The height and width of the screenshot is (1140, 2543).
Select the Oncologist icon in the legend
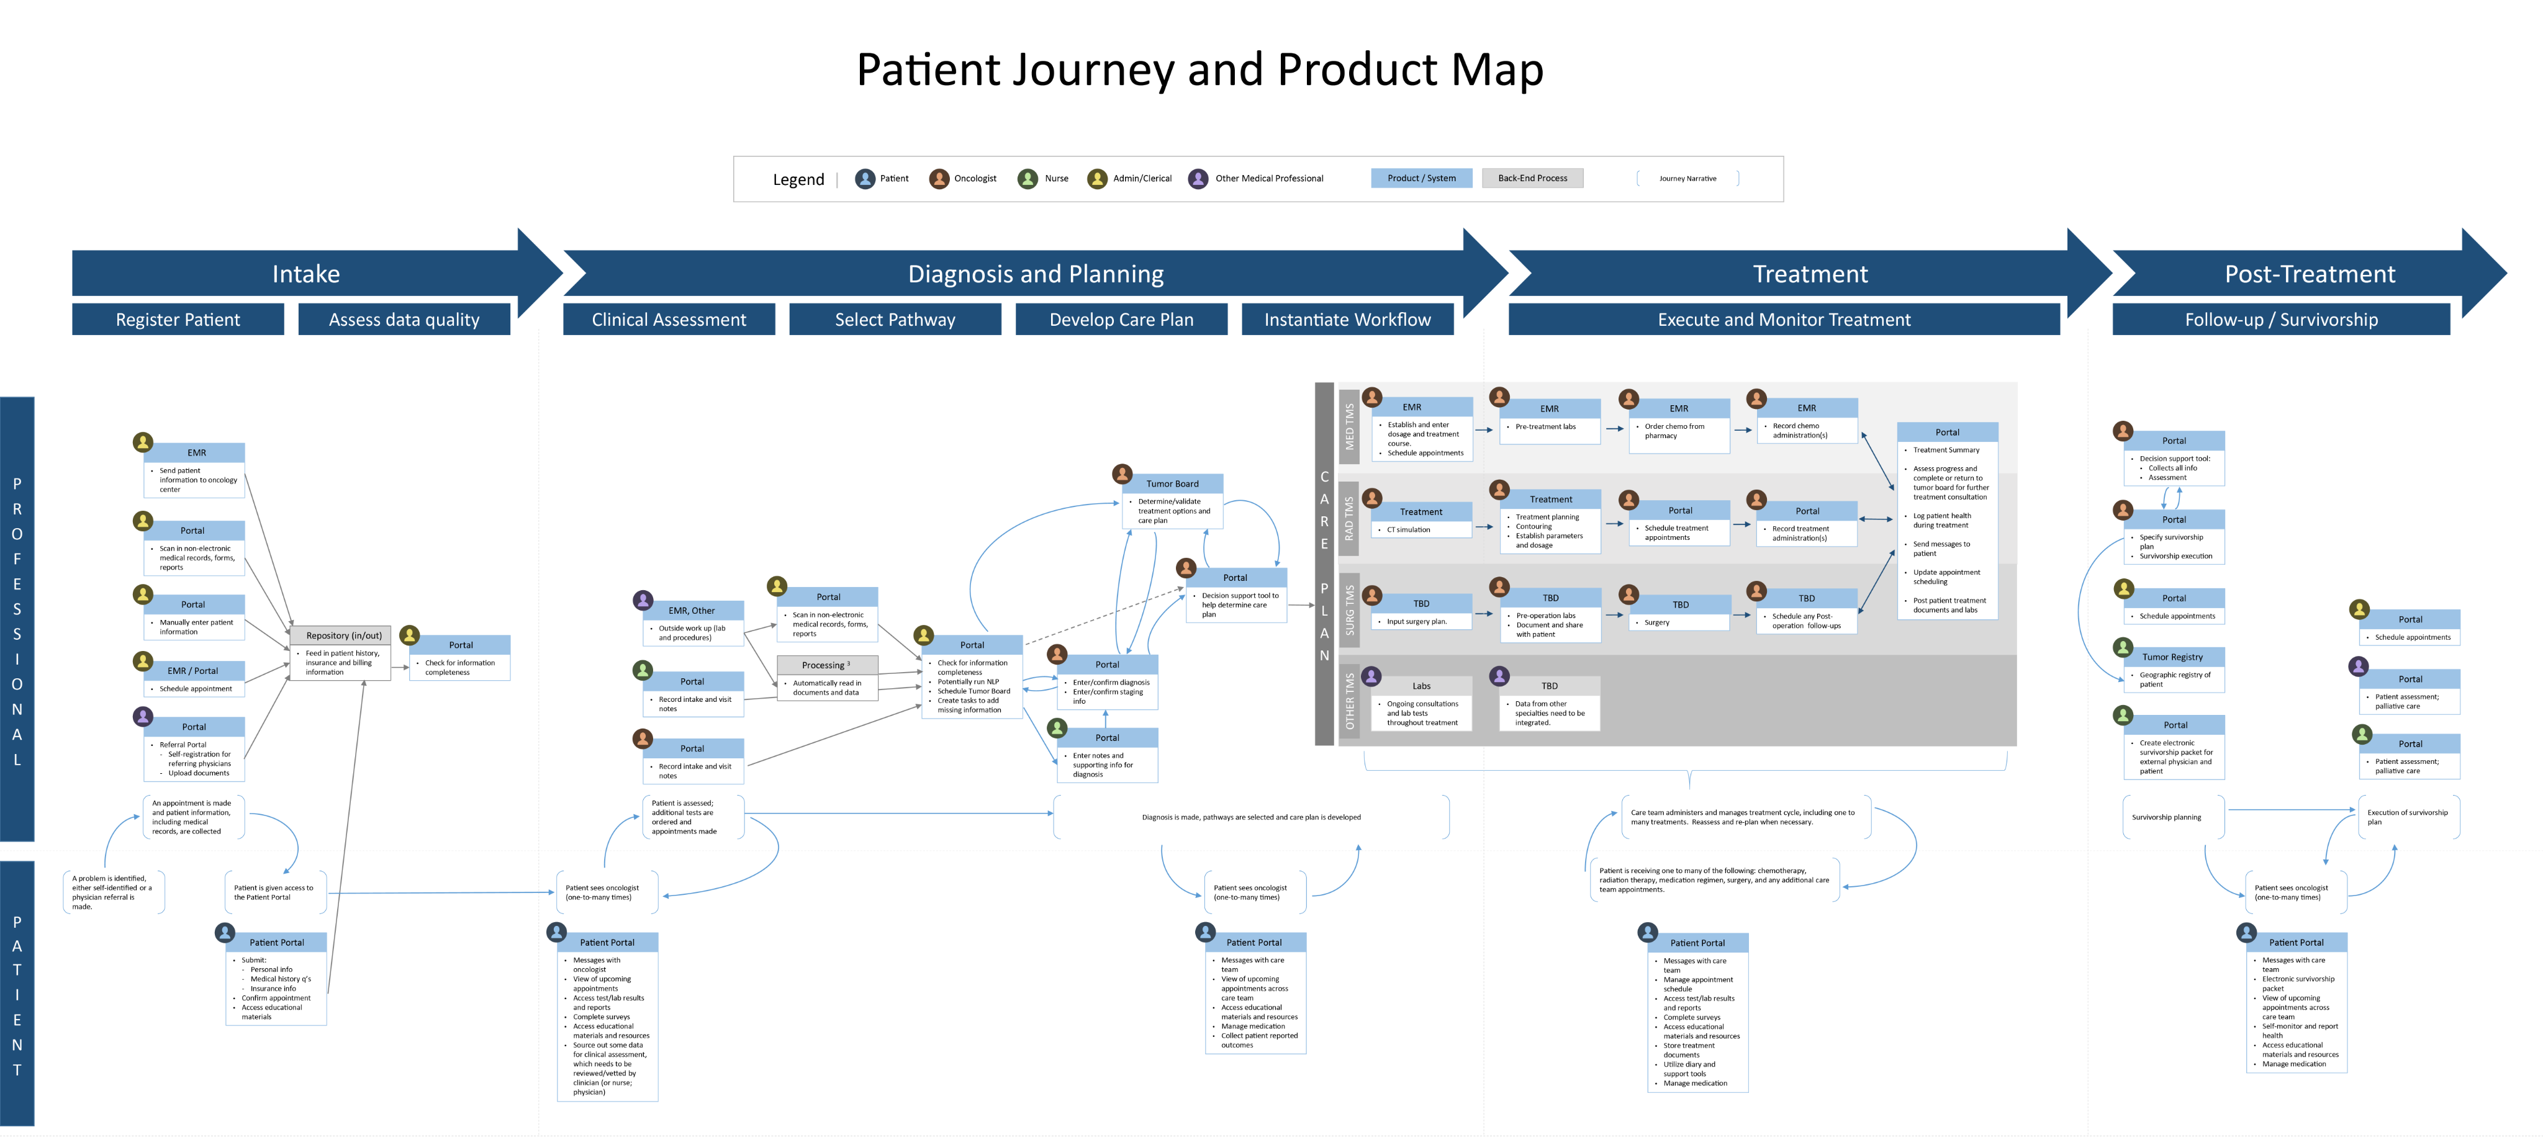click(939, 179)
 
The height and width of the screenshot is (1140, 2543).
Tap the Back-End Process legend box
click(1532, 179)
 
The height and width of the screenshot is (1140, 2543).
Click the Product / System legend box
click(1421, 179)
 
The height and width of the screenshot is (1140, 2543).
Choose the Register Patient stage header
click(178, 320)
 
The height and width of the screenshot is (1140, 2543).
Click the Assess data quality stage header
click(404, 320)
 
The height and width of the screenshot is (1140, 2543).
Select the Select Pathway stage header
click(895, 320)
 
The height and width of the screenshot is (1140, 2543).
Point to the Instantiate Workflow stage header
click(1347, 320)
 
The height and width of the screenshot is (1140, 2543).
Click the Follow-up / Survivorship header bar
click(2280, 320)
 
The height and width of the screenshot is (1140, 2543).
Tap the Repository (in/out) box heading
click(343, 635)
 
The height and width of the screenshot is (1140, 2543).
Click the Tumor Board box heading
click(1172, 483)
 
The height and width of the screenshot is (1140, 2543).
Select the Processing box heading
click(825, 665)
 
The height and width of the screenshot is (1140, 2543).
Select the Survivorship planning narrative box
click(2166, 817)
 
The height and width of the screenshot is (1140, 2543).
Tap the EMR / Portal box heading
click(192, 671)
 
